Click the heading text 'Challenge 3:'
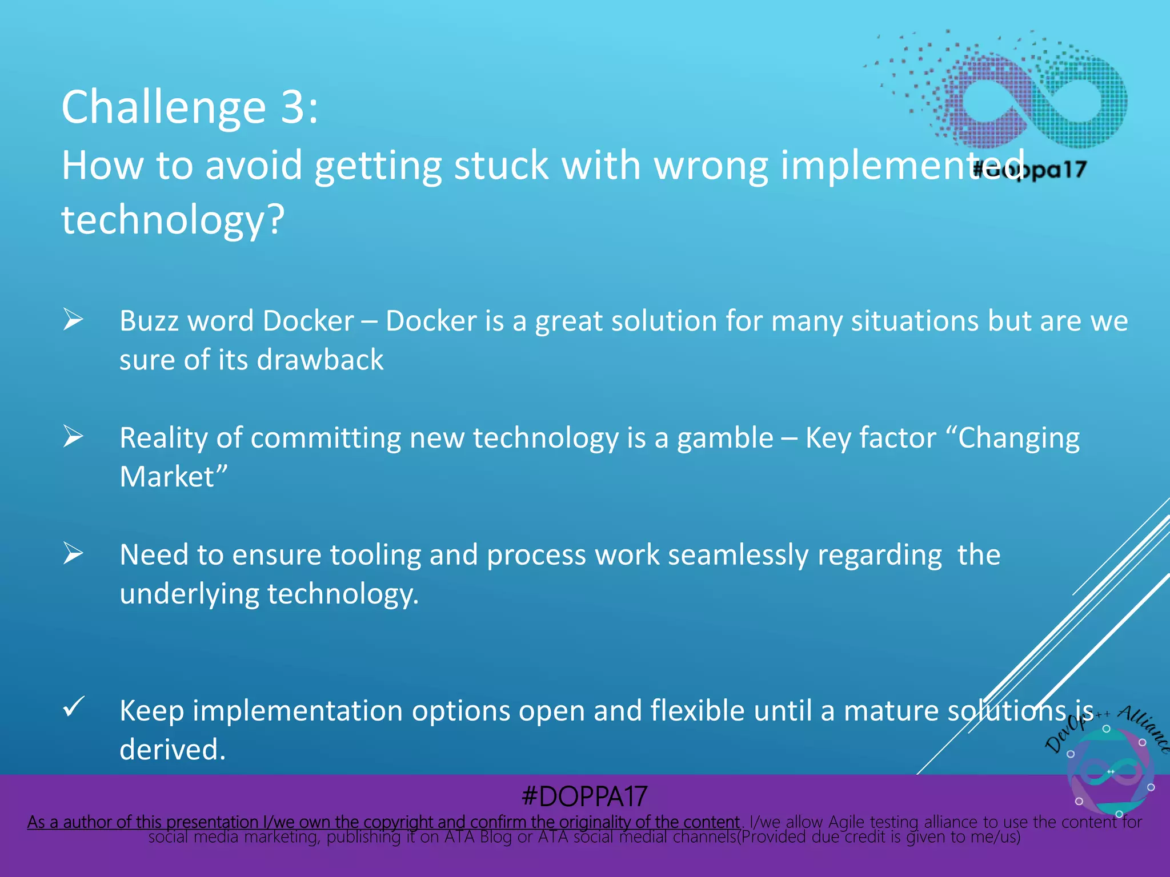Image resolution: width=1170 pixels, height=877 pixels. pyautogui.click(x=189, y=107)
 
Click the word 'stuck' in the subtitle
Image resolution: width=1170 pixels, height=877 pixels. pyautogui.click(x=501, y=166)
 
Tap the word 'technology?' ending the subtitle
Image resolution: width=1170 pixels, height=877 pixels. pyautogui.click(x=173, y=220)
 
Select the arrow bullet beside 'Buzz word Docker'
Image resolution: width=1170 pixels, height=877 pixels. pyautogui.click(x=73, y=319)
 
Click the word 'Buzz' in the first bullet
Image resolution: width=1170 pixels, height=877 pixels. pyautogui.click(x=149, y=321)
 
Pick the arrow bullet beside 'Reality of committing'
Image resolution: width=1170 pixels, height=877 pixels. pyautogui.click(x=73, y=436)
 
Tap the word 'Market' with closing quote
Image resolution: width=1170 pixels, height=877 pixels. pyautogui.click(x=173, y=477)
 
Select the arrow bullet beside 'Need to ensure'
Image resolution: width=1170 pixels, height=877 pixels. pyautogui.click(x=73, y=553)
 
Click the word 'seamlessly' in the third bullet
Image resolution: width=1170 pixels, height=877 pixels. pyautogui.click(x=738, y=555)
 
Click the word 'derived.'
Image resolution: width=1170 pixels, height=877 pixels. pyautogui.click(x=173, y=750)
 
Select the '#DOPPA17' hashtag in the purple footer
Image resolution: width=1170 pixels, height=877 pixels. pyautogui.click(x=584, y=796)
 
